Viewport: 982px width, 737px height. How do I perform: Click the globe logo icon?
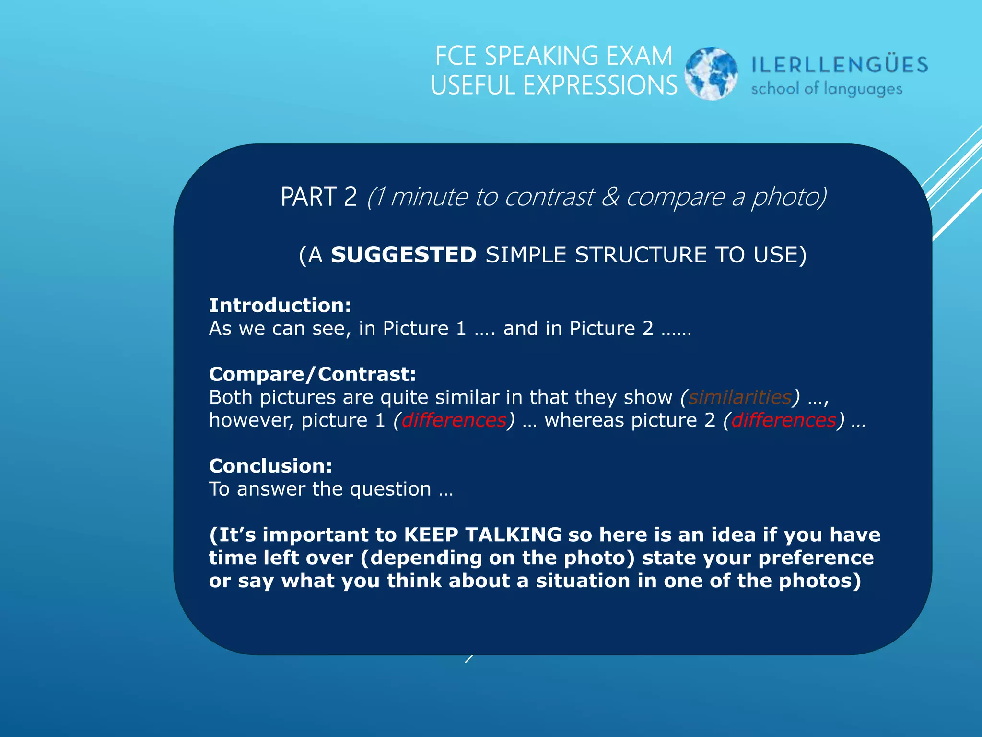(711, 73)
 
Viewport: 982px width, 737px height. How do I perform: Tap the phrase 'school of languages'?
(826, 89)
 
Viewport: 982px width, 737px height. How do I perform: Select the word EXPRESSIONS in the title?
(600, 86)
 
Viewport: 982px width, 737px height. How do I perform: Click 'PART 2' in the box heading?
(318, 197)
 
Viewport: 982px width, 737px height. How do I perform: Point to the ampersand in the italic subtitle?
(610, 197)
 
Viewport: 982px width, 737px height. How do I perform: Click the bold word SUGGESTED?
(403, 255)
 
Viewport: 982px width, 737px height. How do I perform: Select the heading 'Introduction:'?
(280, 306)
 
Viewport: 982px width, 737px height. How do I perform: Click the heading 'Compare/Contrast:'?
(313, 374)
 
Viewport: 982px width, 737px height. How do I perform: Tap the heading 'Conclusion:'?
(270, 466)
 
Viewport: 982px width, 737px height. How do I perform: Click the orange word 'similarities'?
(740, 397)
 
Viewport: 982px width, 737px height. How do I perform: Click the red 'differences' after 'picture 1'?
(454, 420)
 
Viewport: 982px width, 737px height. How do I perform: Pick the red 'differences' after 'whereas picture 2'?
(783, 420)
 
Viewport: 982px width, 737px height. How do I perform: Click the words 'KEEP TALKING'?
(482, 535)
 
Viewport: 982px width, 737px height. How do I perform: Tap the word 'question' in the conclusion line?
(390, 489)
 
